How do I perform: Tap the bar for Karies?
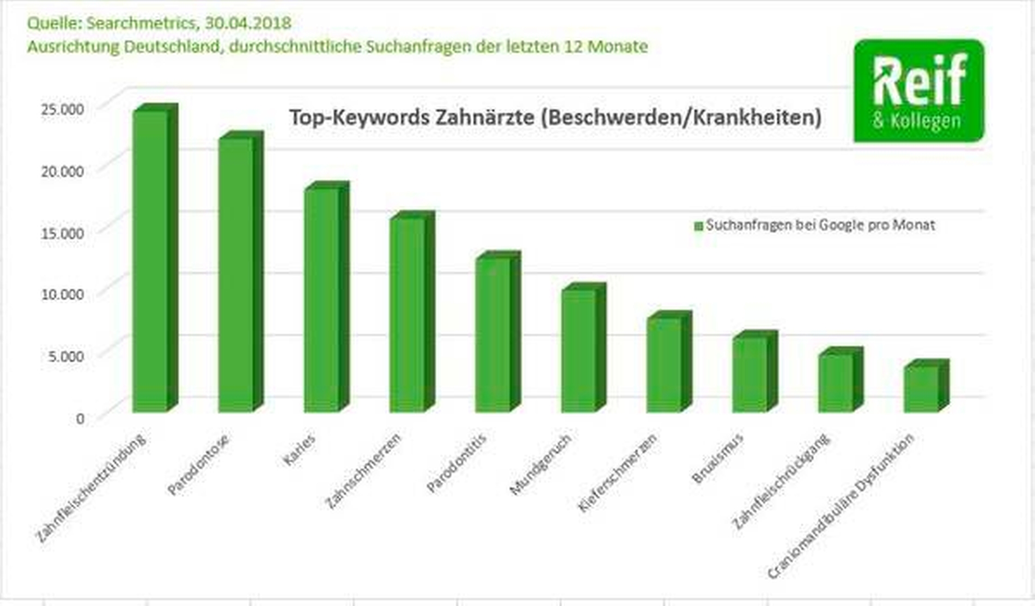point(321,299)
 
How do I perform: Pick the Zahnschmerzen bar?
point(407,314)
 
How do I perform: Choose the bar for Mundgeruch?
point(579,350)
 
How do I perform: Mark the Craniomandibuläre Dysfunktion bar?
point(921,389)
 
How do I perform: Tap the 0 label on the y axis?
point(80,419)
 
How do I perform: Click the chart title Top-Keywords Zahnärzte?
point(555,117)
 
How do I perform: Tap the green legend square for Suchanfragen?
point(698,226)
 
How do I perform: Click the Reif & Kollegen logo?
point(919,91)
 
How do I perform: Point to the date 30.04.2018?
point(248,23)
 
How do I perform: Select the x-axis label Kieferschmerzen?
point(617,472)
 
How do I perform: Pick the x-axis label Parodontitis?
point(456,463)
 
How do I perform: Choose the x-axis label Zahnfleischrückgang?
point(781,481)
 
